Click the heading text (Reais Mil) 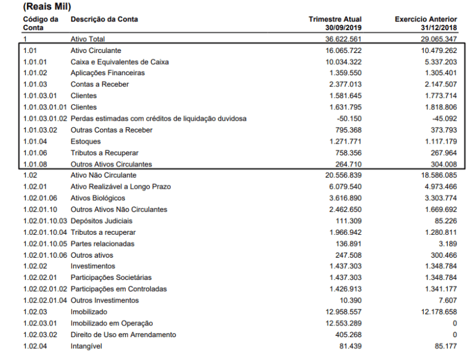click(47, 7)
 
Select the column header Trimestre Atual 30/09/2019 click(335, 23)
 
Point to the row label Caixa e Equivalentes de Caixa click(119, 62)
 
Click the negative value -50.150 click(349, 118)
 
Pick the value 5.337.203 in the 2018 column click(435, 62)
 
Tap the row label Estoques click(86, 141)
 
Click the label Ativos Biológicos click(98, 198)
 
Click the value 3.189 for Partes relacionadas click(445, 243)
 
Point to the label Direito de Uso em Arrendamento click(123, 335)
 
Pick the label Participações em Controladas click(118, 289)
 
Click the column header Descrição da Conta click(104, 19)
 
